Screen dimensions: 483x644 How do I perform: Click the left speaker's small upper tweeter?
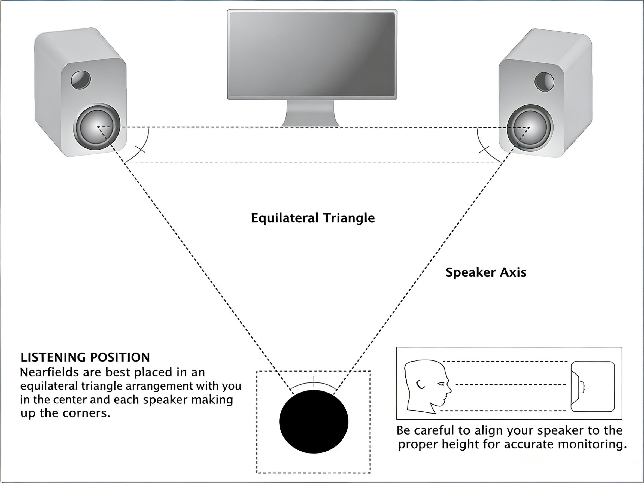[81, 80]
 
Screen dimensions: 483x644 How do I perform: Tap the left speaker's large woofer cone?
[97, 127]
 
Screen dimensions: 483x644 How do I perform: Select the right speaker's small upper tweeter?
[544, 82]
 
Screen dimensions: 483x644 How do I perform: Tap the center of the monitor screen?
[312, 54]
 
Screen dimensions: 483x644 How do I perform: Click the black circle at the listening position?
[314, 422]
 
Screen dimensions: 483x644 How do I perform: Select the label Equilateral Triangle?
[313, 218]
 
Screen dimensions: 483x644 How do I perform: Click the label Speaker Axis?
[486, 272]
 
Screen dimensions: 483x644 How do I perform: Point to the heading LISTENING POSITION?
[85, 357]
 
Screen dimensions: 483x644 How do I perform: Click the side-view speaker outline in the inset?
[593, 386]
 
